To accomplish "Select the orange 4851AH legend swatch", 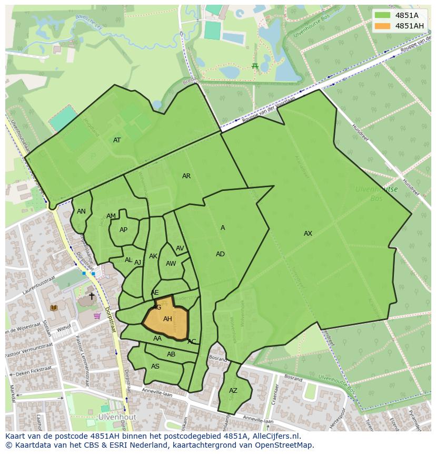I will click(x=382, y=26).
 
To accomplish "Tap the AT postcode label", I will click(x=117, y=140).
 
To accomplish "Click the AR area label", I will click(x=186, y=176).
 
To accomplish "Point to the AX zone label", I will click(x=308, y=234).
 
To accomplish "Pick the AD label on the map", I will click(x=220, y=254).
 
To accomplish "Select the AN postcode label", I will click(x=81, y=211).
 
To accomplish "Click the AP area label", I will click(x=123, y=230).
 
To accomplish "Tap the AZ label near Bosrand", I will click(x=233, y=391).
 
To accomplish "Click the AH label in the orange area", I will click(x=167, y=319).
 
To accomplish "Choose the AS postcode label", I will click(x=155, y=366).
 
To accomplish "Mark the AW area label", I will click(x=171, y=264).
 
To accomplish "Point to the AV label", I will click(x=180, y=248).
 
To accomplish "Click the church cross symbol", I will click(x=92, y=296).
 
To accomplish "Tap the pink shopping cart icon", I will click(x=97, y=316).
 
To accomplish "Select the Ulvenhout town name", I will click(x=117, y=417).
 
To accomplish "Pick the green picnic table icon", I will click(x=255, y=66).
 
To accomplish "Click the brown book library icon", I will click(x=53, y=307).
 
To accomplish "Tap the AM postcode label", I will click(x=111, y=216).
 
